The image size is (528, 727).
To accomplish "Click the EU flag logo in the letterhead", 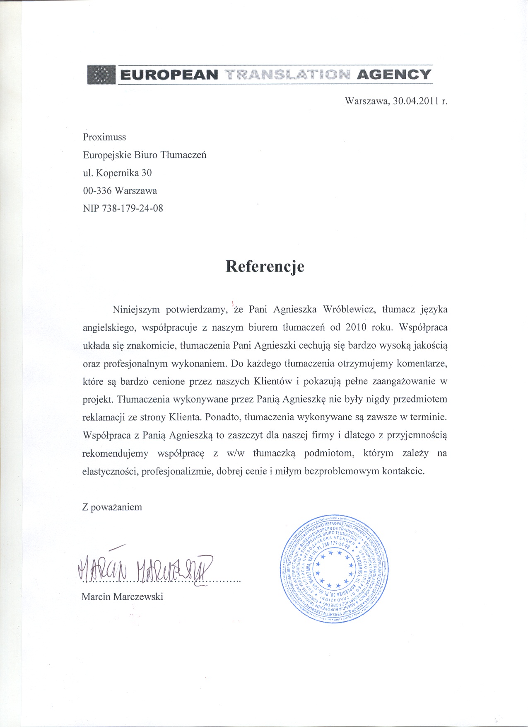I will pos(101,75).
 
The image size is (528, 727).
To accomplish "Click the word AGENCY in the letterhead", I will pos(394,75).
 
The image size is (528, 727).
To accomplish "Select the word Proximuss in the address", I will pos(104,137).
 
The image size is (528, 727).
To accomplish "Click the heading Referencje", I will pos(265,267).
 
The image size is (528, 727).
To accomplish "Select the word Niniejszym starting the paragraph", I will pos(136,310).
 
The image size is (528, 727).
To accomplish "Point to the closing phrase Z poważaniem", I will pos(112,507).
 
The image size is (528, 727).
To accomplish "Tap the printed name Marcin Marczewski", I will pos(122,596).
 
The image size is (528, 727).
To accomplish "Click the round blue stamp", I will pos(335,569).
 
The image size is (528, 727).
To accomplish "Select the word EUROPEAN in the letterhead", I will pos(169,75).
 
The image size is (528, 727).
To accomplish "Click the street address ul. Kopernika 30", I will pos(118,173).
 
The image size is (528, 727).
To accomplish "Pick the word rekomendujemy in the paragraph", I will pos(115,453).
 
